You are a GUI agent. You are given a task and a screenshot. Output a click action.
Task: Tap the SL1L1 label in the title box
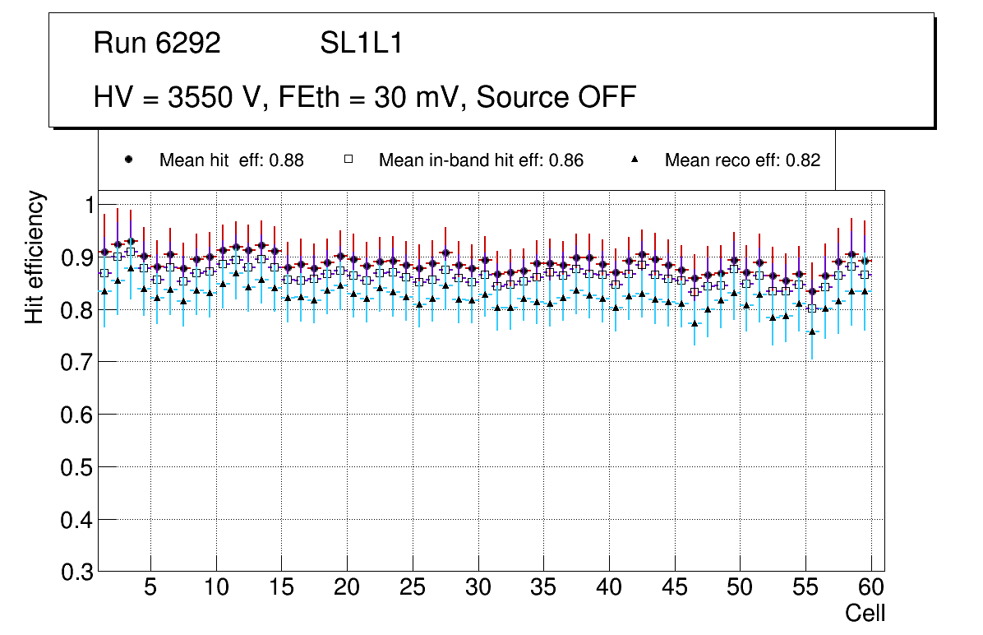[x=361, y=44]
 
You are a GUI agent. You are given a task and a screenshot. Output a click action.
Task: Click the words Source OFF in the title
[x=556, y=97]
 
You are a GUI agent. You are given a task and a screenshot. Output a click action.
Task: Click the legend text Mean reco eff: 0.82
[x=742, y=160]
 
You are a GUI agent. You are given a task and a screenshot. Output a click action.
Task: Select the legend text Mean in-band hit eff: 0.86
[x=481, y=160]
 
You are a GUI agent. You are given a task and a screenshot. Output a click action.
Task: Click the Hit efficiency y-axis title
[x=35, y=257]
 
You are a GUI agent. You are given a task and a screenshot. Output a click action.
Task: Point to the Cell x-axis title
[x=865, y=613]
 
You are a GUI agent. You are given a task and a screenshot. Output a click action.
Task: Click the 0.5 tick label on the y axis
[x=78, y=467]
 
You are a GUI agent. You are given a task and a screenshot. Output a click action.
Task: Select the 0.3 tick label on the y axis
[x=78, y=572]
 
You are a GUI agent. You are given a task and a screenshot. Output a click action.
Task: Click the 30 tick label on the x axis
[x=478, y=588]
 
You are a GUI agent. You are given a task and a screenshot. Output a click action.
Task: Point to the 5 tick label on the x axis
[x=150, y=588]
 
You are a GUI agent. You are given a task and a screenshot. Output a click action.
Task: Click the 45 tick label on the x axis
[x=674, y=588]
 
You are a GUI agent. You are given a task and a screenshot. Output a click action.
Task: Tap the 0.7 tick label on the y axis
[x=78, y=363]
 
